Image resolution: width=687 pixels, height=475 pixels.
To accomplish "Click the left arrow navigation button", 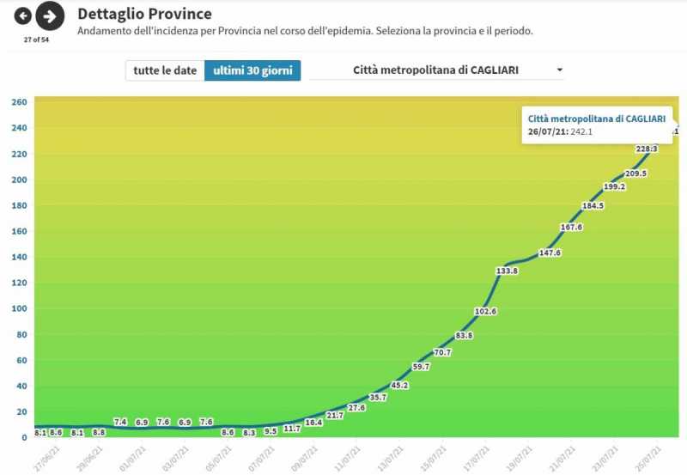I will (x=23, y=15).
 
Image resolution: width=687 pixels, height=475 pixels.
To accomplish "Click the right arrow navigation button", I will (x=51, y=15).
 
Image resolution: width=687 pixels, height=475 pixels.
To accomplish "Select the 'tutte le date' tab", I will (x=165, y=70).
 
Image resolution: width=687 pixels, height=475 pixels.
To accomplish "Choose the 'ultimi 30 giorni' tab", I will (x=252, y=70).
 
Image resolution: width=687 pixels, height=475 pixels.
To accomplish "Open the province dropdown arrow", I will (x=560, y=70).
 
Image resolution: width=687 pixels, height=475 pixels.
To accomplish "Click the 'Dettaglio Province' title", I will (x=144, y=14).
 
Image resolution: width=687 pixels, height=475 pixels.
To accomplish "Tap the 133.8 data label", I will (x=508, y=271).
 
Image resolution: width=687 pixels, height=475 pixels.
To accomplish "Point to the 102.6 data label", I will (x=486, y=311).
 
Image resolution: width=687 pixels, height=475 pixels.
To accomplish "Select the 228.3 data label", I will (x=647, y=149).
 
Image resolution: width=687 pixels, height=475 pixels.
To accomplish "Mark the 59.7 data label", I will (x=422, y=367).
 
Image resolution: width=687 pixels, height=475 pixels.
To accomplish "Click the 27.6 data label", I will (x=356, y=407).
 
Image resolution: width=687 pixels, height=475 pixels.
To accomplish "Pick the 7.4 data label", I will (x=120, y=422).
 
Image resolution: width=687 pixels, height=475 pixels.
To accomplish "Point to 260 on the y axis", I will (x=19, y=102).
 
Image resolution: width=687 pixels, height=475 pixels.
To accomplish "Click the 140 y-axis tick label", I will (x=19, y=257).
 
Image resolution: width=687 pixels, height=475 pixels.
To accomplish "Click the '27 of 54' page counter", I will (x=36, y=39).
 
